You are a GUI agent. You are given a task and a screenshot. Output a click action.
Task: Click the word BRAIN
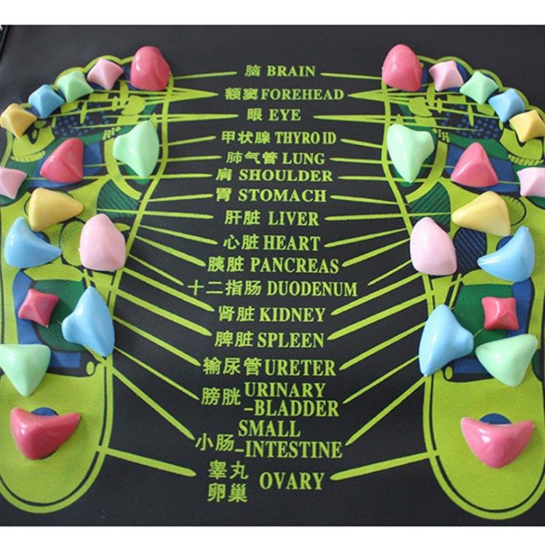click(x=291, y=71)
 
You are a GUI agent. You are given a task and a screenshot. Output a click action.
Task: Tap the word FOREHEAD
click(x=302, y=94)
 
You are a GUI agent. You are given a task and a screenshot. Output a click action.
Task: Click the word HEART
click(x=292, y=243)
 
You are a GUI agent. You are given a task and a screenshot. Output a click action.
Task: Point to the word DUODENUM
click(x=312, y=289)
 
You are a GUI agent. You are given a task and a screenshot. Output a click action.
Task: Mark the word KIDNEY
click(x=292, y=315)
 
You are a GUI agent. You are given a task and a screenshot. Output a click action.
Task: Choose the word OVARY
click(x=291, y=481)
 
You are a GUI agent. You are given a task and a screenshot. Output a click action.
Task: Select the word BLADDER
click(x=295, y=409)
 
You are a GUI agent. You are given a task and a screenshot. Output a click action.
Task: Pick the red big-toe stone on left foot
click(x=149, y=68)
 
